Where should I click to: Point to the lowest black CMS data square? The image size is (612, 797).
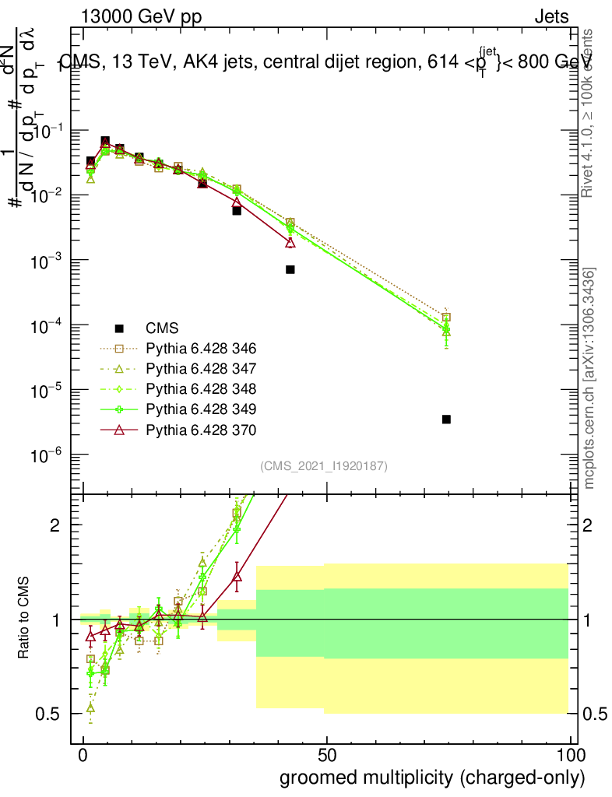point(446,420)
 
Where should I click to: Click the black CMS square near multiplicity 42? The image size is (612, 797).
point(290,269)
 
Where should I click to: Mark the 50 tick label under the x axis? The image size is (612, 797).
point(327,756)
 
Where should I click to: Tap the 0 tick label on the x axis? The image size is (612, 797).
point(83,756)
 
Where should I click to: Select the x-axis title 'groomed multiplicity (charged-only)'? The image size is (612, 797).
point(432,778)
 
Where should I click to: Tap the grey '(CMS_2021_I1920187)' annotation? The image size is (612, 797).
point(324,466)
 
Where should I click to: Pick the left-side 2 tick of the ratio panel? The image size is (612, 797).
point(56,525)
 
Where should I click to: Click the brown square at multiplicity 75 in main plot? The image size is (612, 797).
point(446,318)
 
